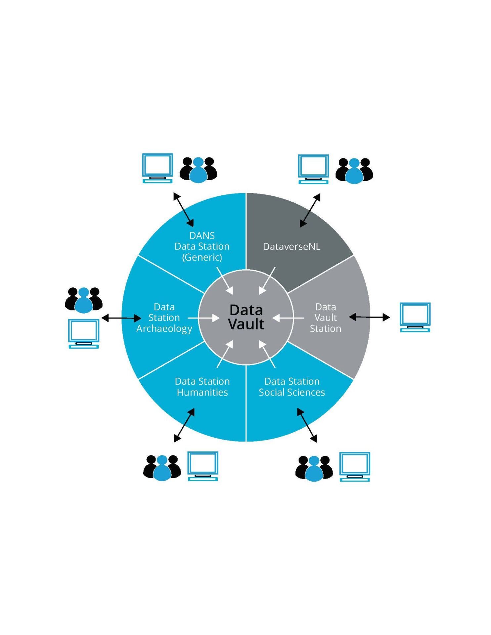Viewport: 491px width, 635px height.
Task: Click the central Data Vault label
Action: point(246,317)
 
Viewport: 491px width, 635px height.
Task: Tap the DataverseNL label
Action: point(291,247)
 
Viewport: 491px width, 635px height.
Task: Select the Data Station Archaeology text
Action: point(164,318)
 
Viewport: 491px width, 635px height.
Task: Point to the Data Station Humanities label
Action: point(202,387)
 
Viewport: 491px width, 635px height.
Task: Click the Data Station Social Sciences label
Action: point(292,387)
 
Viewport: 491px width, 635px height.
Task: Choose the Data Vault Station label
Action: point(326,318)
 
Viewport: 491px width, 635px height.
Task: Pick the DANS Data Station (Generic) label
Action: point(202,246)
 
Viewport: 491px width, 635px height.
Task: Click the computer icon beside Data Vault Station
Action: point(415,317)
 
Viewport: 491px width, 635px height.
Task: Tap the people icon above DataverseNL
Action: point(354,171)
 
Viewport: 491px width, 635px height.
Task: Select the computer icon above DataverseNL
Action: point(313,169)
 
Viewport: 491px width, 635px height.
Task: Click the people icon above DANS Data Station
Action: point(198,170)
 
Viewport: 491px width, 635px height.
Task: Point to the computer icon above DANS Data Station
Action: point(157,168)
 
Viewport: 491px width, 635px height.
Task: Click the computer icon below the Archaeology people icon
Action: point(84,333)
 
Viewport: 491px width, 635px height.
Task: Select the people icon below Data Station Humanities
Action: point(162,468)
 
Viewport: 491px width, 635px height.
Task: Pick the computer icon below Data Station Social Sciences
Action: point(355,467)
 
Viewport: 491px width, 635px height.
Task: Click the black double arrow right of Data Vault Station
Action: point(369,317)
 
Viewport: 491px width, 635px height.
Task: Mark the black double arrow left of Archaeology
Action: point(121,318)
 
